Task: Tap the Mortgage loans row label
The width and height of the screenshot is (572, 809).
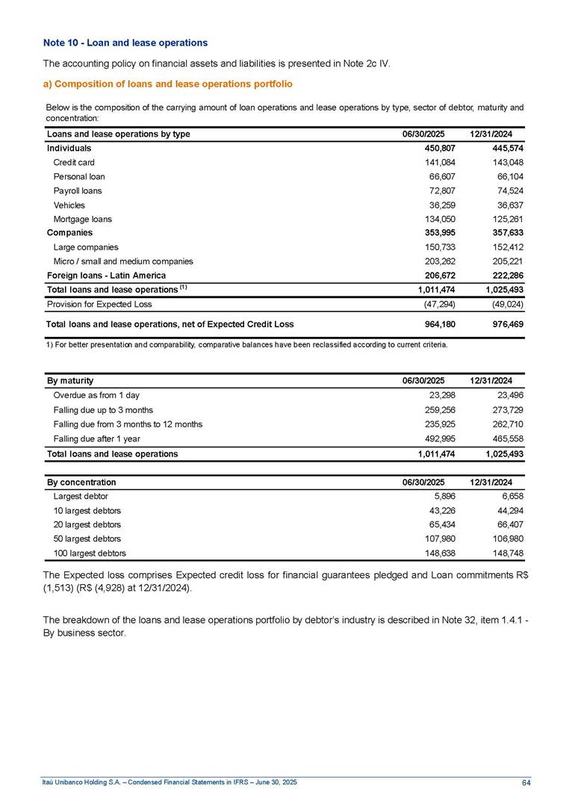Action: click(x=82, y=219)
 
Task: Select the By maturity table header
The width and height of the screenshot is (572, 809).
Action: click(x=70, y=381)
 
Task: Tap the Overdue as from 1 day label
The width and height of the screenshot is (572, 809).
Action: click(x=96, y=395)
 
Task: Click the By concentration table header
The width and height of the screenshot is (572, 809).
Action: click(x=81, y=482)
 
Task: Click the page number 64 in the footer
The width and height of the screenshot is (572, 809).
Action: click(x=526, y=781)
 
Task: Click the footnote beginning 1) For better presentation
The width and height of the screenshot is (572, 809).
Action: click(x=246, y=345)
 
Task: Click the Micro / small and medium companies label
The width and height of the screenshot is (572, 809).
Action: click(x=123, y=261)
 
